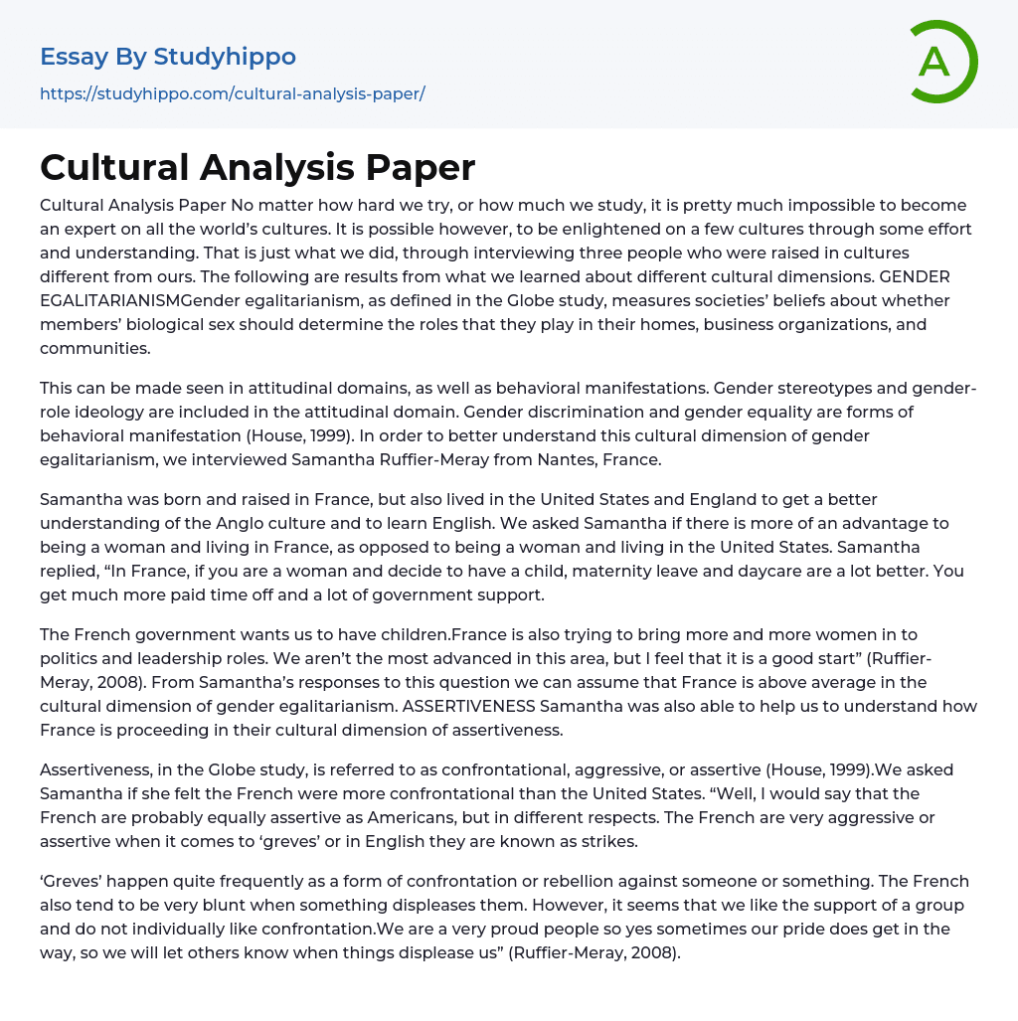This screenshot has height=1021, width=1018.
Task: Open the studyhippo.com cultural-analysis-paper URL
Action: point(233,93)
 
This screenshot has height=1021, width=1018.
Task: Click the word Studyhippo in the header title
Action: point(225,57)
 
